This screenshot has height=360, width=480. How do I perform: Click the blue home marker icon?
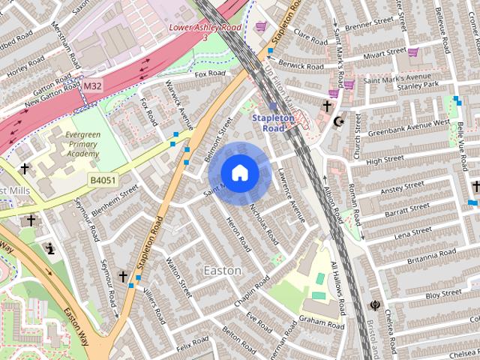(238, 172)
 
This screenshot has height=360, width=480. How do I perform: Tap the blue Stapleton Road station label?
(268, 123)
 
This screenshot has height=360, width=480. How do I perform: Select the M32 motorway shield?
(92, 86)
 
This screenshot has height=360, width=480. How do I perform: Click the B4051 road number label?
(103, 180)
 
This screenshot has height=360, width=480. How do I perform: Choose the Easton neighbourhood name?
(223, 270)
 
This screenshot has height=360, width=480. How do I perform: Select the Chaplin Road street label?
(251, 293)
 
